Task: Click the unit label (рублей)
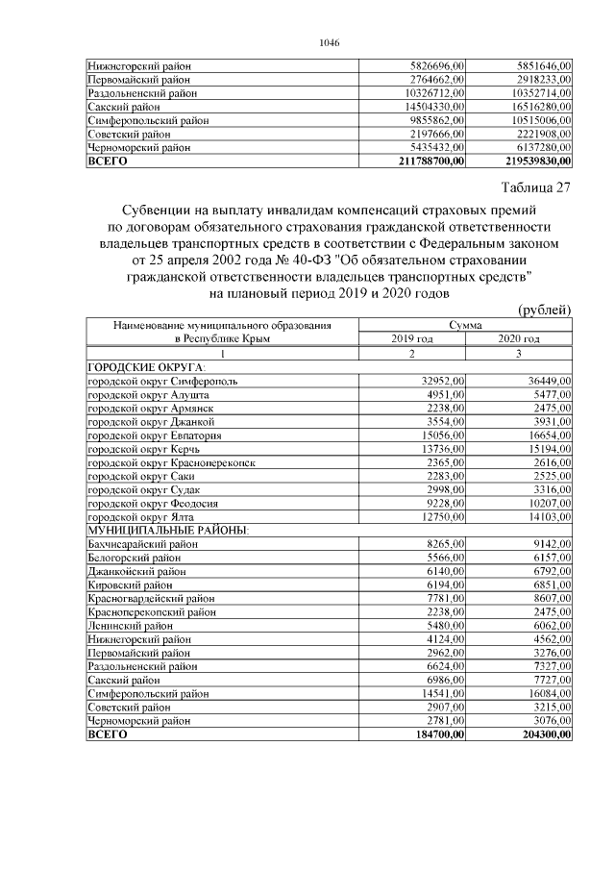pyautogui.click(x=545, y=310)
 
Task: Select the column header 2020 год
pyautogui.click(x=519, y=338)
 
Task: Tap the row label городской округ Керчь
pyautogui.click(x=143, y=449)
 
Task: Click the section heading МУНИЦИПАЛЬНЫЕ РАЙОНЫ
pyautogui.click(x=169, y=530)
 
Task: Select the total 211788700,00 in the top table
pyautogui.click(x=430, y=161)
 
